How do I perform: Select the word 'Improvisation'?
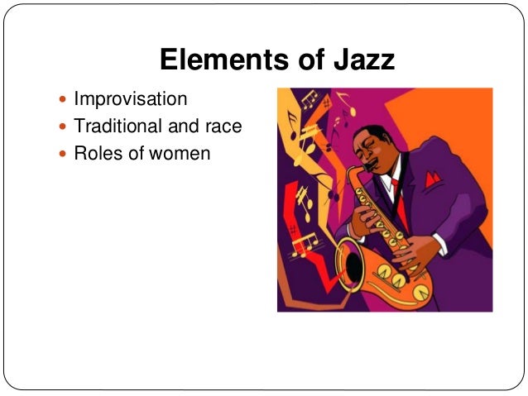pos(130,100)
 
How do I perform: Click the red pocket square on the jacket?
pos(430,178)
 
